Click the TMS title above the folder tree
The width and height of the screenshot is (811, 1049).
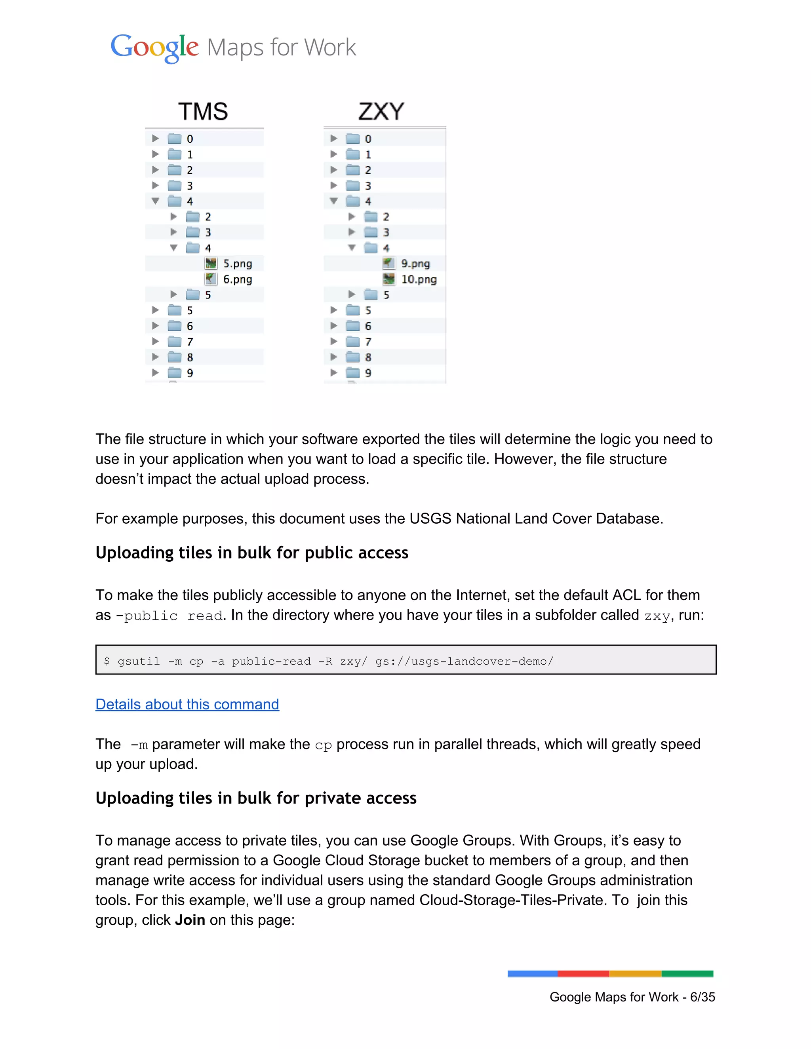point(203,112)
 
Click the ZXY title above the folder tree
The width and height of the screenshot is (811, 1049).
point(381,112)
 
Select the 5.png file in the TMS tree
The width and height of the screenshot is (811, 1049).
point(237,264)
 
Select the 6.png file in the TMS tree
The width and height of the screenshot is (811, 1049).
point(237,279)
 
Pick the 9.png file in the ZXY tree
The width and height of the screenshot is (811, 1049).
point(415,264)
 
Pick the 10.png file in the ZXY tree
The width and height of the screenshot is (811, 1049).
point(419,279)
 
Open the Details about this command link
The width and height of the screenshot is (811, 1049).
point(187,704)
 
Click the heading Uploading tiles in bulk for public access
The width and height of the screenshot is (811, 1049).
point(252,553)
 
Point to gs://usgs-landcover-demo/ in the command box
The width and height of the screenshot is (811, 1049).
point(464,661)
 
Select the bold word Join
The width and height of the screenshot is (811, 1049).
point(190,920)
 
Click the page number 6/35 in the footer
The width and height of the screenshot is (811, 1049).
point(702,997)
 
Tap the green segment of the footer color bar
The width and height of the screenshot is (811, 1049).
point(687,974)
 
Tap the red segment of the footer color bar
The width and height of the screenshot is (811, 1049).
point(583,974)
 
